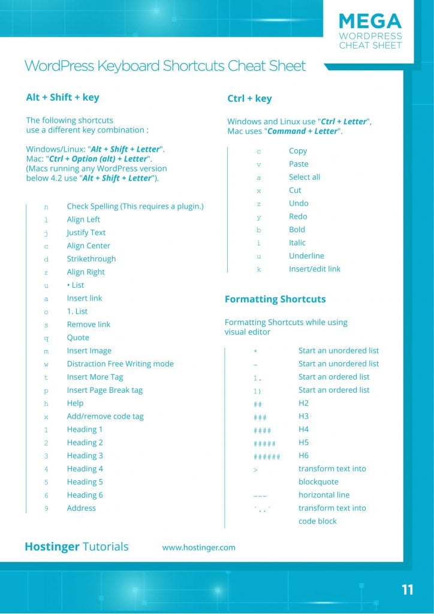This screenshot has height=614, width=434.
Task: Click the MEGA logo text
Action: (x=370, y=21)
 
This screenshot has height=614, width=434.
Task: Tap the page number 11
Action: (x=408, y=590)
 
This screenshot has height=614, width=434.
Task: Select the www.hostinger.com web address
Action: (x=198, y=547)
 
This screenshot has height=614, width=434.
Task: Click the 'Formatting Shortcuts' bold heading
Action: (x=275, y=299)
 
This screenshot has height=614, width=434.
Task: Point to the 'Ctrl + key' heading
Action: (x=249, y=99)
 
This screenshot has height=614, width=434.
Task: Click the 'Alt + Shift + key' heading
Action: (x=62, y=98)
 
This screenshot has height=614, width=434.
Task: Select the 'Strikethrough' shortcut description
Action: (x=91, y=259)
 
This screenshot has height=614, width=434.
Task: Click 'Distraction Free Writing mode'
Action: (x=120, y=364)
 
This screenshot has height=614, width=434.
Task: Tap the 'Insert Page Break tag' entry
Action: (x=104, y=390)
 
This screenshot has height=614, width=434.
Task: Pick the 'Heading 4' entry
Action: (x=85, y=469)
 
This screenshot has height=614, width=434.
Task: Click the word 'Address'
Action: (x=81, y=508)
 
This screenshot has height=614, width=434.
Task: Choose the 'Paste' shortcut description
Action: (x=299, y=164)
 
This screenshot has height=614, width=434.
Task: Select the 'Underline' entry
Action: (x=306, y=256)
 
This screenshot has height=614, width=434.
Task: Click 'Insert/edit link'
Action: (x=314, y=269)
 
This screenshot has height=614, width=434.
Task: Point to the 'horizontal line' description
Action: (x=324, y=495)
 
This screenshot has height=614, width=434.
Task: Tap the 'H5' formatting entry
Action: (x=303, y=443)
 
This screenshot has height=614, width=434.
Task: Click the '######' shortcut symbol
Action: (x=267, y=456)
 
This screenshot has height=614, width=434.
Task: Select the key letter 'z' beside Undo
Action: (x=259, y=204)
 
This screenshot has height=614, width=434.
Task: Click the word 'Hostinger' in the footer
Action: (x=52, y=547)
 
